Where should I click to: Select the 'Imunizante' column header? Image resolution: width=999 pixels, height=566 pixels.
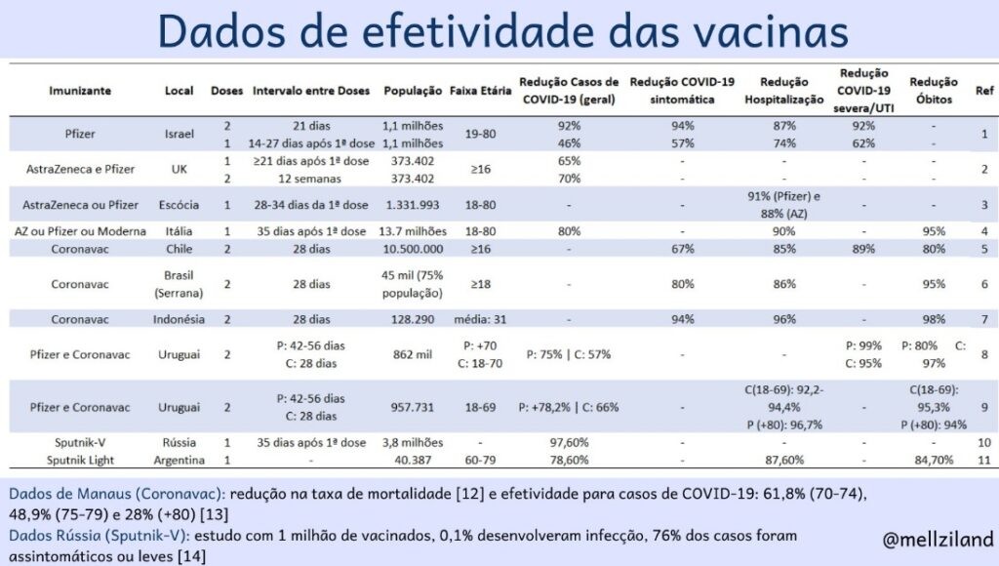(80, 91)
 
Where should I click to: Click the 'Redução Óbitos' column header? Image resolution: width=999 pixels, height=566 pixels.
(933, 91)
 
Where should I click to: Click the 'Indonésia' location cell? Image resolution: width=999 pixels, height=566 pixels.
(180, 319)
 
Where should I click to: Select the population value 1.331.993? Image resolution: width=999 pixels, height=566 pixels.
(414, 204)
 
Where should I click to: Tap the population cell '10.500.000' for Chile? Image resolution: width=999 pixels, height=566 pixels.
(414, 249)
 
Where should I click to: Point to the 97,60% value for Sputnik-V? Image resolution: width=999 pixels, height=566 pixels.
(569, 442)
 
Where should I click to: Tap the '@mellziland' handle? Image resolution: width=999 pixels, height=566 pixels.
(937, 539)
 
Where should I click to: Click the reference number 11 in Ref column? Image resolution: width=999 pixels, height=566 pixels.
(984, 460)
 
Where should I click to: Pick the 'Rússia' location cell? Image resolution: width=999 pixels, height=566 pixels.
(180, 442)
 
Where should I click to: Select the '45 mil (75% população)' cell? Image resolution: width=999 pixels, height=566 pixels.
(414, 283)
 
